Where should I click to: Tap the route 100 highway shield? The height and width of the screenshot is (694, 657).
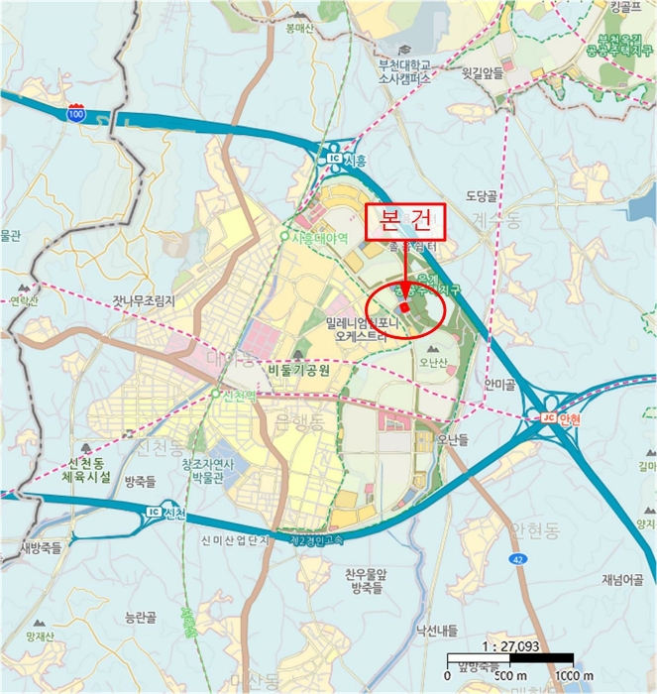76,114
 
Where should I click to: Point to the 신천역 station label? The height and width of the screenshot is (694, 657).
235,394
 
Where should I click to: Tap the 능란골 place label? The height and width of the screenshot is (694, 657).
141,617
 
